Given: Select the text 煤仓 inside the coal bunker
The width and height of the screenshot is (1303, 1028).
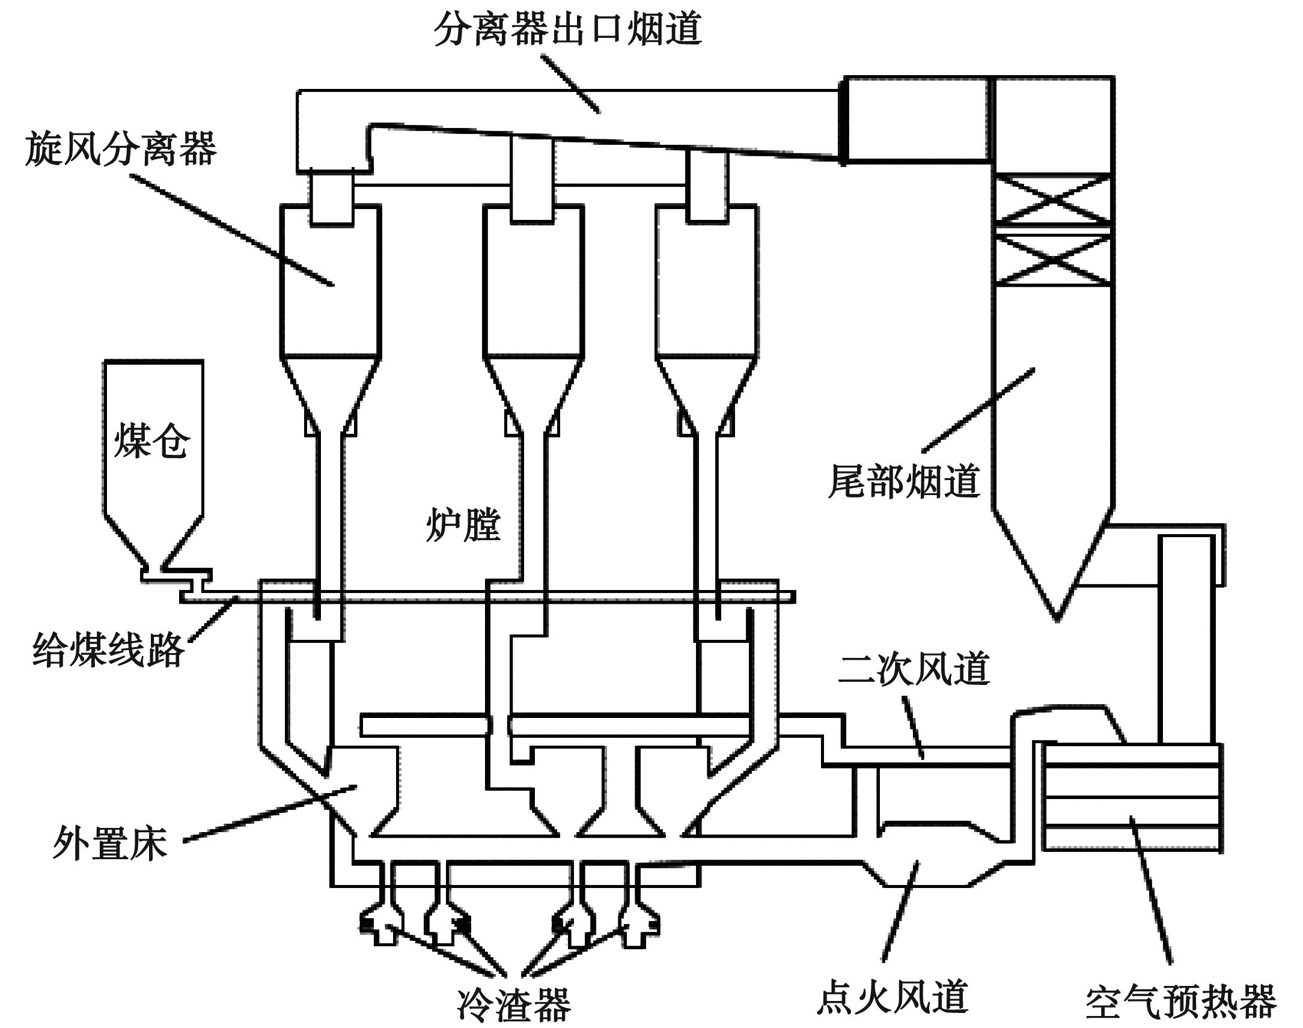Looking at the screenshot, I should (x=151, y=440).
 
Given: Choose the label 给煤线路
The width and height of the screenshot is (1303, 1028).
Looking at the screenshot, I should (x=108, y=650).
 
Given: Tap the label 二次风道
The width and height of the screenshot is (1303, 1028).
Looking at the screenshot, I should (x=914, y=669).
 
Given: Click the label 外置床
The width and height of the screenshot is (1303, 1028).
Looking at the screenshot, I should (x=109, y=842).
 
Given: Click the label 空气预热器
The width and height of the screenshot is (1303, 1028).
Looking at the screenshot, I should (x=1181, y=1002).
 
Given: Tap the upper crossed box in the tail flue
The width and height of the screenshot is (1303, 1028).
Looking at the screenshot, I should (x=1052, y=199).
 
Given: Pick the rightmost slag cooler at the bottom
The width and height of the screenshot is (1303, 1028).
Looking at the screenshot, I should (x=640, y=924).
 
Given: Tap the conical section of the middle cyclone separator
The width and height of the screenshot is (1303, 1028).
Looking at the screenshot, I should (x=533, y=391).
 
